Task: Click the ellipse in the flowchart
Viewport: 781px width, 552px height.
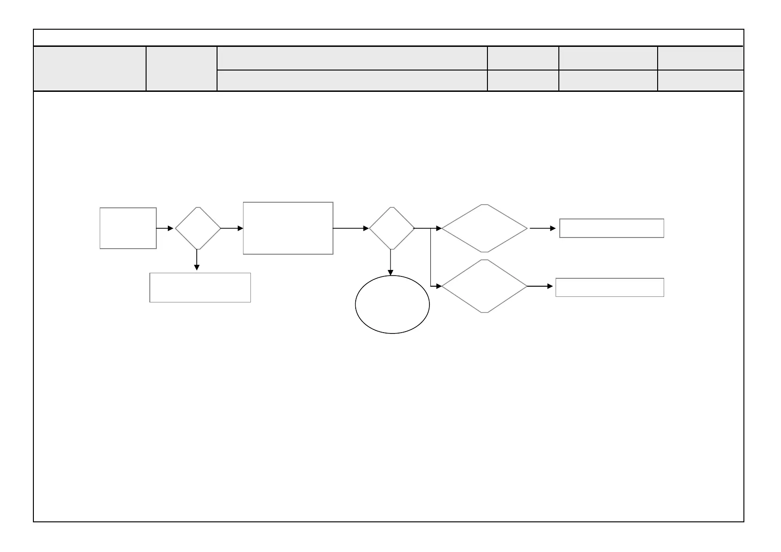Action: pos(392,304)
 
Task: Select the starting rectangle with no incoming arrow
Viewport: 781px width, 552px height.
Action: pos(128,228)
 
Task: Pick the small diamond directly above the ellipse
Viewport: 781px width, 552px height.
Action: pos(391,228)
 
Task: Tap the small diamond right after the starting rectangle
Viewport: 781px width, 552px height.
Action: pos(198,228)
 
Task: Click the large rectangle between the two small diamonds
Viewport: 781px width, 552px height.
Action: pos(288,228)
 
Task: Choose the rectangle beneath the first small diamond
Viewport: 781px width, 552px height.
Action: pos(200,288)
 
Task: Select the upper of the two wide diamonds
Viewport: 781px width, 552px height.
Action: pos(484,228)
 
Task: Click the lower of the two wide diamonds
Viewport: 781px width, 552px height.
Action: pos(484,286)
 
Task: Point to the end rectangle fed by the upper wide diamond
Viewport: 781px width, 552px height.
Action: pos(611,228)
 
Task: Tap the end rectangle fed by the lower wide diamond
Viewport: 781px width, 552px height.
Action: pos(609,287)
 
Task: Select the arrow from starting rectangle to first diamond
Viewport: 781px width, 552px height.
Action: pos(165,228)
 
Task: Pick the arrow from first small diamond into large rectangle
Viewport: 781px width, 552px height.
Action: pos(232,228)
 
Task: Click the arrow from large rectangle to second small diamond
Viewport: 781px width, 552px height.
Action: pos(351,228)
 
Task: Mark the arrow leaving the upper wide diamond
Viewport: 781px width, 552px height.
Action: pos(542,228)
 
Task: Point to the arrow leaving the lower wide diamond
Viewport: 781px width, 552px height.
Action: pos(540,286)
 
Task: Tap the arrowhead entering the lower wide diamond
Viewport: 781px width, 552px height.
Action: pos(439,286)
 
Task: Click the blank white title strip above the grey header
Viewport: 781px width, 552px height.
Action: pos(389,38)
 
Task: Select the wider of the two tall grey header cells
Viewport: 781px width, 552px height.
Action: pos(90,69)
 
